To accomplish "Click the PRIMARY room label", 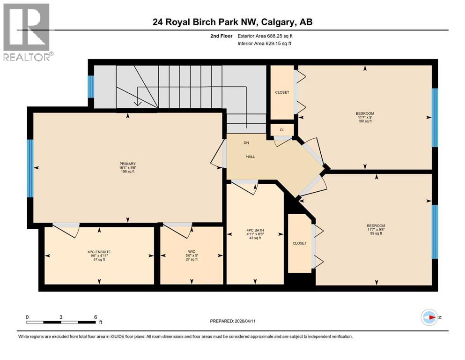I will tap(127, 164).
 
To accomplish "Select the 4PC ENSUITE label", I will tap(99, 251).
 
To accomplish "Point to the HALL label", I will tap(251, 157).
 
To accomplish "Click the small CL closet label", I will tap(282, 130).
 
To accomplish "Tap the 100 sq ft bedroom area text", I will tap(365, 121).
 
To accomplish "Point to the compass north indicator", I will tap(429, 317).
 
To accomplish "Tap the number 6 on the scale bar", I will tap(96, 317).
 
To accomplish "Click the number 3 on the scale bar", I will tap(61, 317).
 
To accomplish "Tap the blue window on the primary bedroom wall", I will tap(30, 168).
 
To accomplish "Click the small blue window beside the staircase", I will tap(91, 86).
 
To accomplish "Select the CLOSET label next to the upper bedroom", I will tap(282, 92).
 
